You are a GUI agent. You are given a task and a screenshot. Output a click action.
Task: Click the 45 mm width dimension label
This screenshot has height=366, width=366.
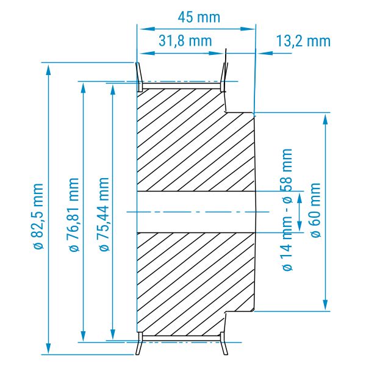(x=199, y=17)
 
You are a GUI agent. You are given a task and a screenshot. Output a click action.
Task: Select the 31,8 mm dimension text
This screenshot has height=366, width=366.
(x=185, y=41)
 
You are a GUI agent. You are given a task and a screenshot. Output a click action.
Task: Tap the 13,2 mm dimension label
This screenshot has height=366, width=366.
(x=303, y=41)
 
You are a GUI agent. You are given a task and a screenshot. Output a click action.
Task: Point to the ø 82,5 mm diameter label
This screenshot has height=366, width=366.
(x=37, y=217)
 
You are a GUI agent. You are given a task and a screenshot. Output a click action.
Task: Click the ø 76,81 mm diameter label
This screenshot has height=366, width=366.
(x=74, y=215)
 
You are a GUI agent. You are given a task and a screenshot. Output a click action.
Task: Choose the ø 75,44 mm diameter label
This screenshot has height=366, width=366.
(x=104, y=215)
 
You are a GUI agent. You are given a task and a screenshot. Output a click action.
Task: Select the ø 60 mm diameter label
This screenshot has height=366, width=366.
(x=315, y=210)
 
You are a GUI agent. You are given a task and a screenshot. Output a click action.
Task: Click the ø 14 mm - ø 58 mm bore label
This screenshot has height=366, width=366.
(x=287, y=210)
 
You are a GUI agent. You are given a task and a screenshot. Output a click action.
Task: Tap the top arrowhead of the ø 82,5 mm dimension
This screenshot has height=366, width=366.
(x=48, y=69)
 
